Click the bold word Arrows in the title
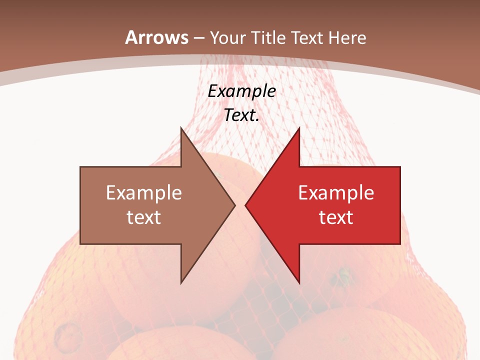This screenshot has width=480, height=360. [156, 37]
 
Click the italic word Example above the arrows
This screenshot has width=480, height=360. [242, 91]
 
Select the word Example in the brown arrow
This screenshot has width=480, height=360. [144, 192]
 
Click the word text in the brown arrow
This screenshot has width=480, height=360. [144, 217]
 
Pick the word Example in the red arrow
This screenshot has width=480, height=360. [336, 192]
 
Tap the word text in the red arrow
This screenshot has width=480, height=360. [336, 217]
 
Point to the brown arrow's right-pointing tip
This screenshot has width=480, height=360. [235, 205]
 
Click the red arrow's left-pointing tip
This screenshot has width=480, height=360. [245, 205]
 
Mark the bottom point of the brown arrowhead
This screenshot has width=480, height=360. [181, 283]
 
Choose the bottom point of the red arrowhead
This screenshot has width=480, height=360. [299, 283]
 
